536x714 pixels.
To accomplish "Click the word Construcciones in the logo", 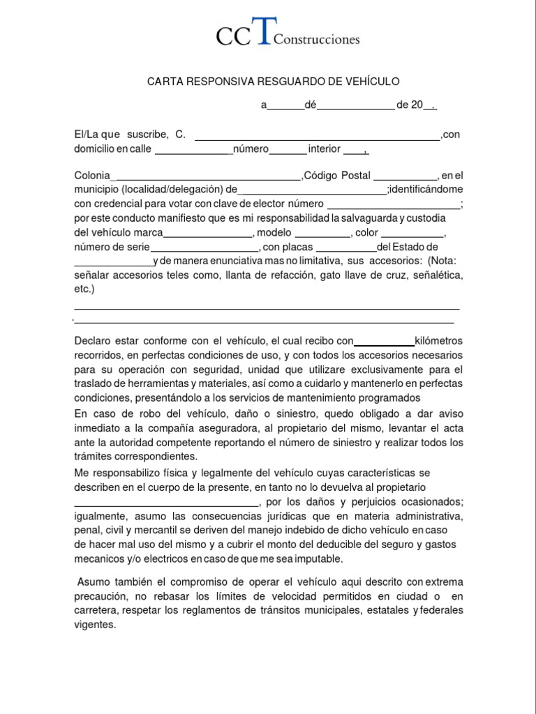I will [317, 40].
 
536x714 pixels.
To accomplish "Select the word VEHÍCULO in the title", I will [370, 82].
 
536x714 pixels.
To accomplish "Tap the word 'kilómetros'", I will [438, 341].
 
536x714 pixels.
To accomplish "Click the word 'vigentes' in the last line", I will [94, 625].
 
